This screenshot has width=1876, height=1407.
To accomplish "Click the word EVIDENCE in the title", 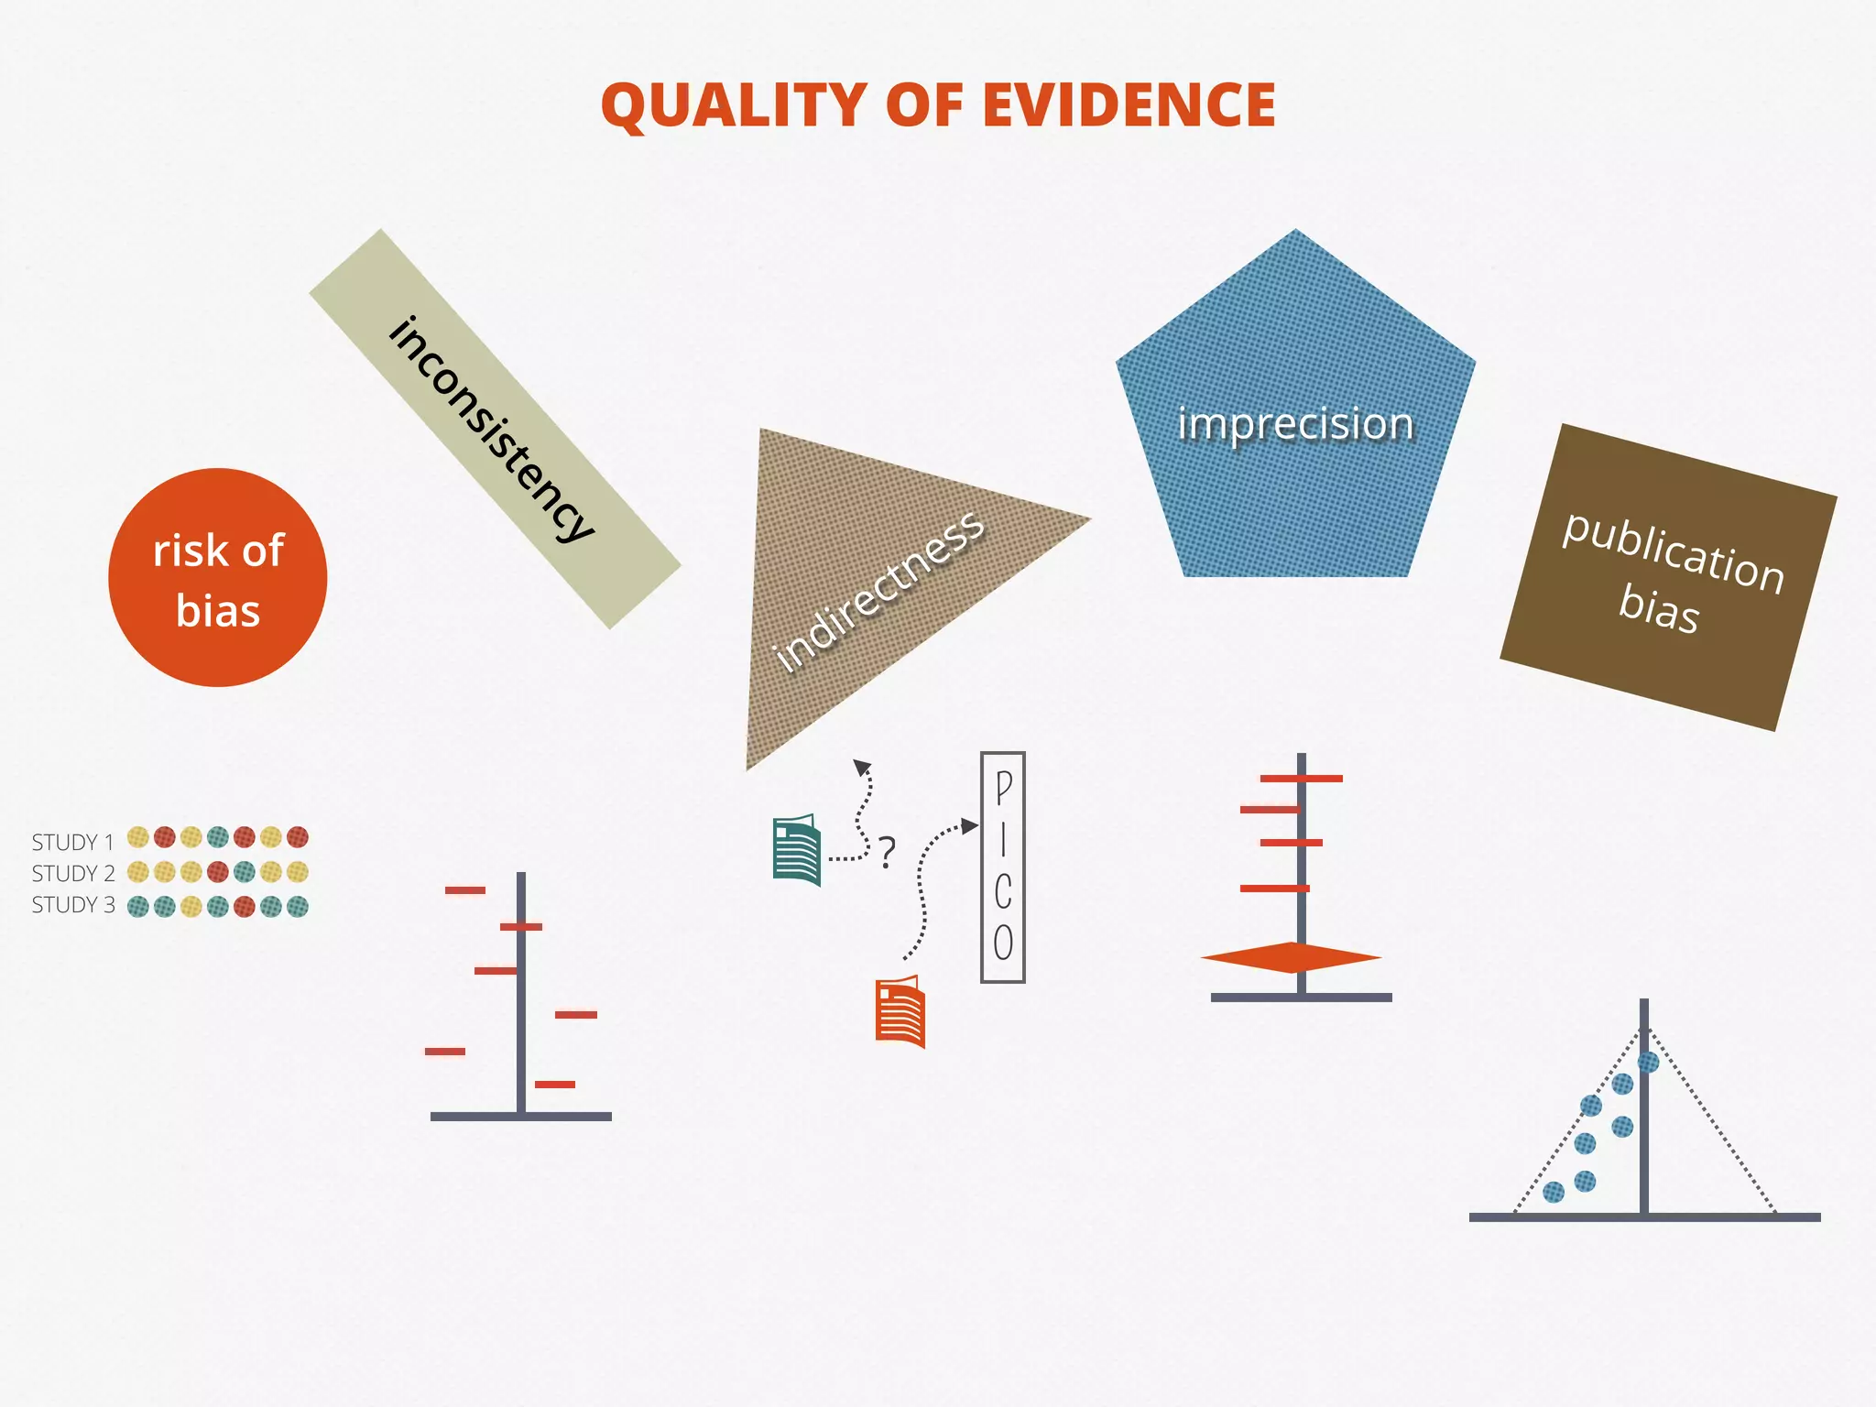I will (1129, 105).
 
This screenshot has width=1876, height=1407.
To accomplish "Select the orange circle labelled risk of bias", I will (218, 578).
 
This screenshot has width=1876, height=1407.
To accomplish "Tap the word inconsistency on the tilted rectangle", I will (492, 428).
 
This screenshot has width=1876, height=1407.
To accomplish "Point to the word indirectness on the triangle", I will (879, 591).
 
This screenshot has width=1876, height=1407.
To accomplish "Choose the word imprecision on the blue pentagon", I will (1295, 424).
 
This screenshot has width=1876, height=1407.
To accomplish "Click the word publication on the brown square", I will (1674, 552).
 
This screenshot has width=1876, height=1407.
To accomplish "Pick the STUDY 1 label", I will (72, 842).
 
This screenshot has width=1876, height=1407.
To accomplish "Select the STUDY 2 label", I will (72, 873).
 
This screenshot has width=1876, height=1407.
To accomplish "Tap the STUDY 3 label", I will (72, 905).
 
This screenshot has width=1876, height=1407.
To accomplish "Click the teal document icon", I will (797, 851).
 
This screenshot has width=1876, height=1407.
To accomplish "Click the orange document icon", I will (900, 1012).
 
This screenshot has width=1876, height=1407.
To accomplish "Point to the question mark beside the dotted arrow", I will (887, 853).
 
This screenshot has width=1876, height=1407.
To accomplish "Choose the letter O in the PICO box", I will (1004, 943).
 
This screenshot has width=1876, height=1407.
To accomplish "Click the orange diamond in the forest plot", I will (1291, 958).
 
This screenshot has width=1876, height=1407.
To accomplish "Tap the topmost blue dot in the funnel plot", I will (1648, 1063).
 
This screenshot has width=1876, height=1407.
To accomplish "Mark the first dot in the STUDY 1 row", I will (138, 837).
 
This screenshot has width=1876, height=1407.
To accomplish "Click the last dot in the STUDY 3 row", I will (298, 907).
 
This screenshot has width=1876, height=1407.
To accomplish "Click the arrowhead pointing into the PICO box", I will (970, 827).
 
